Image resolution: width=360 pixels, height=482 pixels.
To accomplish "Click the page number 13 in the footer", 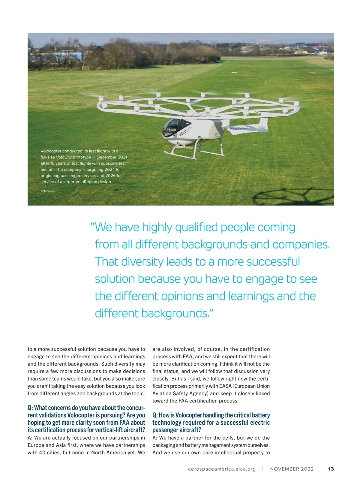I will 331,469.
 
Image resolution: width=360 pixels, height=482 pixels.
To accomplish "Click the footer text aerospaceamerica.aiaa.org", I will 222,469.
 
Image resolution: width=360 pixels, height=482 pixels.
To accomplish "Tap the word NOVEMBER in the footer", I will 283,469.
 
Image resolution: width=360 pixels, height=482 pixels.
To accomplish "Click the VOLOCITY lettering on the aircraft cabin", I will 186,131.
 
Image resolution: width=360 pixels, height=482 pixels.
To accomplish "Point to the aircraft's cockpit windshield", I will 170,127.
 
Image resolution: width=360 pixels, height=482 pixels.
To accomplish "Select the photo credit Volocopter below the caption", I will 48,191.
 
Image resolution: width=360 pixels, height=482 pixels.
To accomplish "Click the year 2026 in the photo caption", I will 111,176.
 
